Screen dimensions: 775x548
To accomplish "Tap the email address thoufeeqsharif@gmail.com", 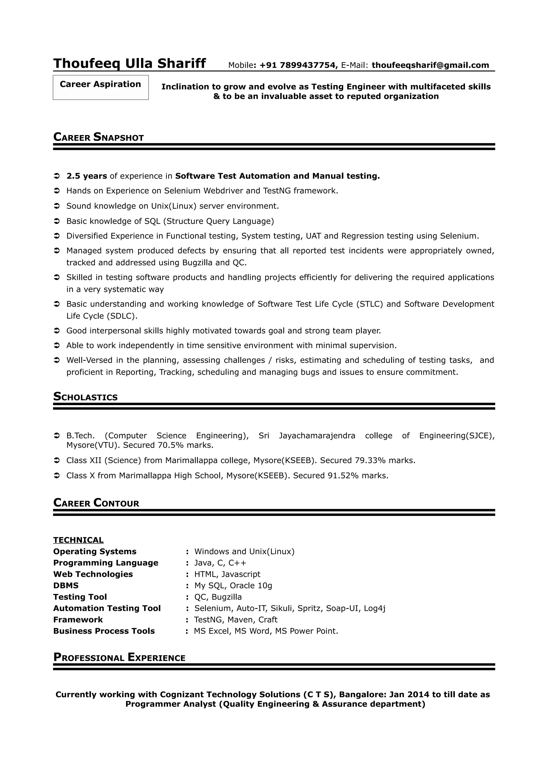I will pyautogui.click(x=430, y=65).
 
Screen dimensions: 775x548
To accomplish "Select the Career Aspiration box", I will pyautogui.click(x=101, y=87).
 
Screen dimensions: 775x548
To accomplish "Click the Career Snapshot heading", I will pyautogui.click(x=98, y=137).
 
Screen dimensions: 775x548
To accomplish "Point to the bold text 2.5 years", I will pyautogui.click(x=87, y=176).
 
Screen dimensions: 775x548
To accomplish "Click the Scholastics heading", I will pyautogui.click(x=85, y=397).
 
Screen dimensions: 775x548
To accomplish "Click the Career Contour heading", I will pyautogui.click(x=96, y=503).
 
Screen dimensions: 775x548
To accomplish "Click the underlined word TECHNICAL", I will pyautogui.click(x=78, y=540).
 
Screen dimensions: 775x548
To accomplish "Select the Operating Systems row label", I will pyautogui.click(x=95, y=551).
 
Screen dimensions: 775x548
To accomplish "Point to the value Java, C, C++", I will pyautogui.click(x=220, y=563).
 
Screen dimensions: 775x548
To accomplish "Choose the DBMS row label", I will pyautogui.click(x=66, y=585).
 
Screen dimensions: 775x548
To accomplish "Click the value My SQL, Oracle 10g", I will pyautogui.click(x=233, y=585).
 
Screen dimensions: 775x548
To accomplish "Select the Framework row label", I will pyautogui.click(x=78, y=620).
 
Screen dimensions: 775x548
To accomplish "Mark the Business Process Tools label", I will pyautogui.click(x=104, y=631).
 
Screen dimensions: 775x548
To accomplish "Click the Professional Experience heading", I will pyautogui.click(x=119, y=658).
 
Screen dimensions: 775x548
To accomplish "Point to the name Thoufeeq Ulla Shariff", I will pyautogui.click(x=130, y=63).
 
